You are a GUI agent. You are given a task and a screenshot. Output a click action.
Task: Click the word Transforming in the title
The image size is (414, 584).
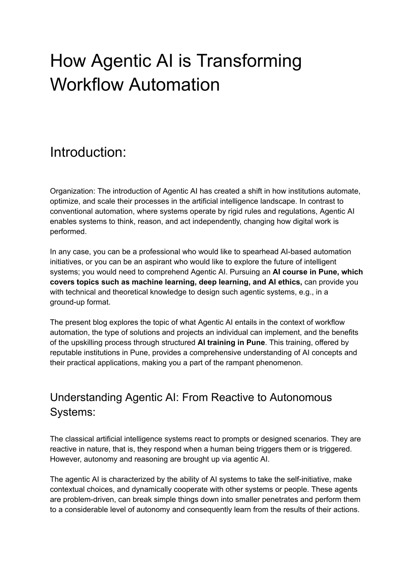249,61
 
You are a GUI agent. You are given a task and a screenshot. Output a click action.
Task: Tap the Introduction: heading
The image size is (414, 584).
88,152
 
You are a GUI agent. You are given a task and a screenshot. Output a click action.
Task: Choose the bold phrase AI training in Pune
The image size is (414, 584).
231,342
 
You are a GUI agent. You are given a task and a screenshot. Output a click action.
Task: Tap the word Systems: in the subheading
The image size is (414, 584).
73,412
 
